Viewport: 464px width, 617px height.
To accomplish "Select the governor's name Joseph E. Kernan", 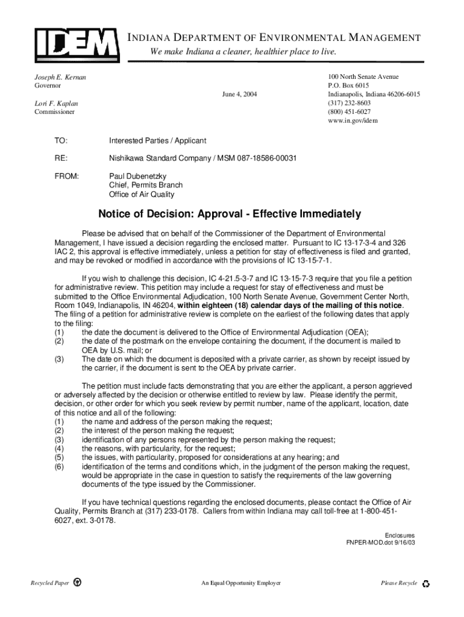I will pyautogui.click(x=59, y=78).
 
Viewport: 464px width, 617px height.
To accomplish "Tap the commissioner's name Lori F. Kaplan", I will pyautogui.click(x=55, y=104).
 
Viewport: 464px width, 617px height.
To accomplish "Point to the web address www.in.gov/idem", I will pyautogui.click(x=353, y=121).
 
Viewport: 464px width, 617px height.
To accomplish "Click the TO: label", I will pyautogui.click(x=61, y=140).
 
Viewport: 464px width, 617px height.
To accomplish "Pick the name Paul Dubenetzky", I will pyautogui.click(x=137, y=176).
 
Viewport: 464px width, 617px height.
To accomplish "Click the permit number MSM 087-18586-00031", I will pyautogui.click(x=252, y=158).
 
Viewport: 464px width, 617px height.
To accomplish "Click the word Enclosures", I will pyautogui.click(x=400, y=535).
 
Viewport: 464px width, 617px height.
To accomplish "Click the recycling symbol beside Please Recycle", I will pyautogui.click(x=426, y=584).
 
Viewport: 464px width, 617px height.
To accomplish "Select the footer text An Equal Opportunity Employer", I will pyautogui.click(x=241, y=583).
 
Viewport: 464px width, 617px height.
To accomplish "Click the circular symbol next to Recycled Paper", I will pyautogui.click(x=77, y=583).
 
